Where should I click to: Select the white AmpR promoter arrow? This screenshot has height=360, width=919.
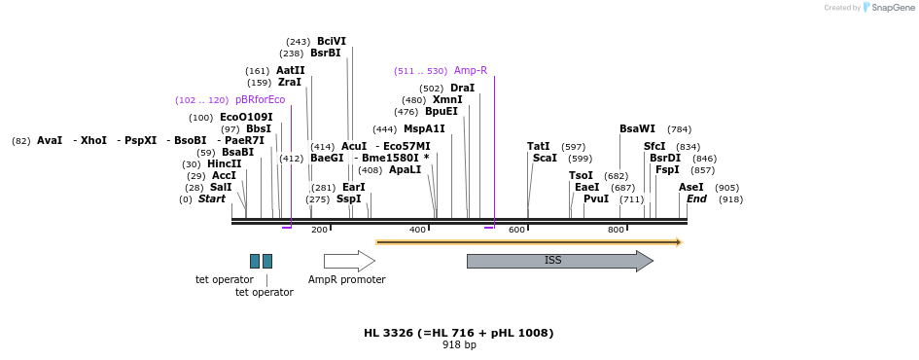(x=348, y=261)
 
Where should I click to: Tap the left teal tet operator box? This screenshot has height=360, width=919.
(x=255, y=261)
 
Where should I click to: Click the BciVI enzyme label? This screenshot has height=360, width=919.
(x=332, y=41)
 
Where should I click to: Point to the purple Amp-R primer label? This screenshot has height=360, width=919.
(x=471, y=70)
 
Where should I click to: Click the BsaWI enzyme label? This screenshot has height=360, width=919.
(x=638, y=128)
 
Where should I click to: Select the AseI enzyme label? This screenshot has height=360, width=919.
(x=691, y=187)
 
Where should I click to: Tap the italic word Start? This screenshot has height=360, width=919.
(x=212, y=198)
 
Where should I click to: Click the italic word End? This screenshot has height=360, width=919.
(x=697, y=198)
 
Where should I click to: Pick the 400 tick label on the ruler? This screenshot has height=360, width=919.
(x=417, y=230)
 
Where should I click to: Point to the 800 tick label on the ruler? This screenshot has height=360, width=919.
(x=616, y=230)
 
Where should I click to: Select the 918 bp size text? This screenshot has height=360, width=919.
(x=459, y=344)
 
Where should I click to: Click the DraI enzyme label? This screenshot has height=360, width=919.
(x=463, y=88)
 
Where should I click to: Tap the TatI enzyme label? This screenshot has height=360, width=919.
(x=539, y=146)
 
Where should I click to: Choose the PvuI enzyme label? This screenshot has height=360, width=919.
(x=596, y=198)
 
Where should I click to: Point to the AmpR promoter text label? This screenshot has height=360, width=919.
(x=347, y=279)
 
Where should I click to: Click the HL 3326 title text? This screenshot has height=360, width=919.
(x=459, y=333)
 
